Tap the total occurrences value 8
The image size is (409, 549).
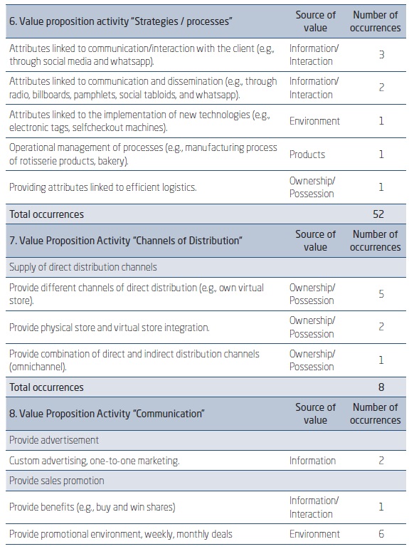tap(381, 387)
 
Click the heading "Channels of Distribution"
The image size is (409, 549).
tap(125, 241)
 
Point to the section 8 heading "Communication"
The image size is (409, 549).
tap(107, 414)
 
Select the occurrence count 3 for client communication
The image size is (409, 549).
tap(381, 54)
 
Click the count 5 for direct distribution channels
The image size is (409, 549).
tap(381, 293)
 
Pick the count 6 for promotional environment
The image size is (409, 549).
tap(381, 534)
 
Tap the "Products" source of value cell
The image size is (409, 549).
tap(307, 154)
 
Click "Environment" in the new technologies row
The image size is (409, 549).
tap(314, 121)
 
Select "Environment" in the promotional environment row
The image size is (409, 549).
tap(314, 534)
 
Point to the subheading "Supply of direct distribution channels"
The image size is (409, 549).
tap(83, 267)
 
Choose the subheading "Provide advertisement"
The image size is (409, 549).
tap(54, 441)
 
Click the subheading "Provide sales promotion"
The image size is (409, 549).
tap(57, 481)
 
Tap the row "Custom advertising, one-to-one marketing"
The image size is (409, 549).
tap(94, 461)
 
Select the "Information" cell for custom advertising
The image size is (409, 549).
tap(312, 461)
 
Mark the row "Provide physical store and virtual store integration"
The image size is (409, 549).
tap(109, 327)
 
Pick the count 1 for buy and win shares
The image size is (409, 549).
tap(381, 507)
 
